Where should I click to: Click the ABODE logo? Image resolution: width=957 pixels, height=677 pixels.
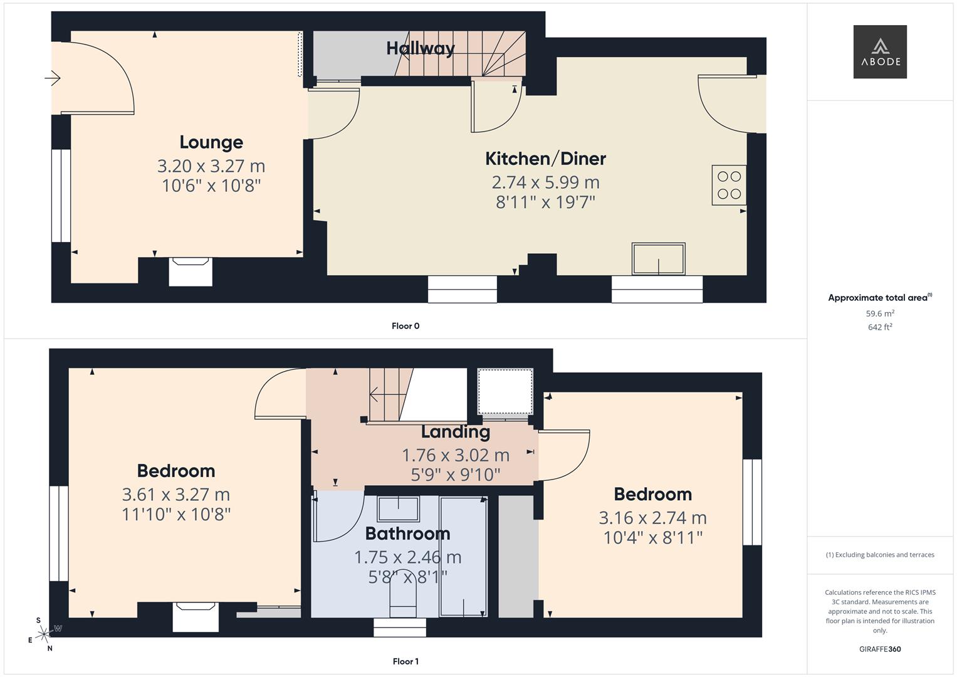coord(879,51)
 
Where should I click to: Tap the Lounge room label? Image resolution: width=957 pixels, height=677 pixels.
coord(211,142)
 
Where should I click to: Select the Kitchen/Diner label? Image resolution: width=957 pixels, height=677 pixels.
coord(545,159)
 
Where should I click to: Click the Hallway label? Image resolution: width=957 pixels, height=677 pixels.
coord(420,48)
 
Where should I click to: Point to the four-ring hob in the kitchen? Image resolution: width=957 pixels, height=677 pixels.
coord(729,185)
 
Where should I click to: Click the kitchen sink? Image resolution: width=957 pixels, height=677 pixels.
coord(658,259)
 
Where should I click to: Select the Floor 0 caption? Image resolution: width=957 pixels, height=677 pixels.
coord(405,326)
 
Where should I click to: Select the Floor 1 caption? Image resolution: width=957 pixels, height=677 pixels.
coord(405,661)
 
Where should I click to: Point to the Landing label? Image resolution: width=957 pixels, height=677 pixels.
coord(455,432)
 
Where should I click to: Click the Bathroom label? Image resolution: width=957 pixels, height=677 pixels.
coord(407,533)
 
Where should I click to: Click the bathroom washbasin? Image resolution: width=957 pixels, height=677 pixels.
coord(398,508)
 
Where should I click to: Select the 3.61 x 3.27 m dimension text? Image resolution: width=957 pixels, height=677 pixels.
coord(176,495)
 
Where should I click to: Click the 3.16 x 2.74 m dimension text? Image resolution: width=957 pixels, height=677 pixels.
coord(652,518)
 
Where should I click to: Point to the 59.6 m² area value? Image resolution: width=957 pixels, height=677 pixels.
coord(880,313)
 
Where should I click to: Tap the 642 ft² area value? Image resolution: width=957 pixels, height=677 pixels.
coord(880,327)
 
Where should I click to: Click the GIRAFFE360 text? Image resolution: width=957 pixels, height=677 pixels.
coord(880,649)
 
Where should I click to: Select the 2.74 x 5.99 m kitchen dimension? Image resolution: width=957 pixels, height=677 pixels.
coord(545,182)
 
